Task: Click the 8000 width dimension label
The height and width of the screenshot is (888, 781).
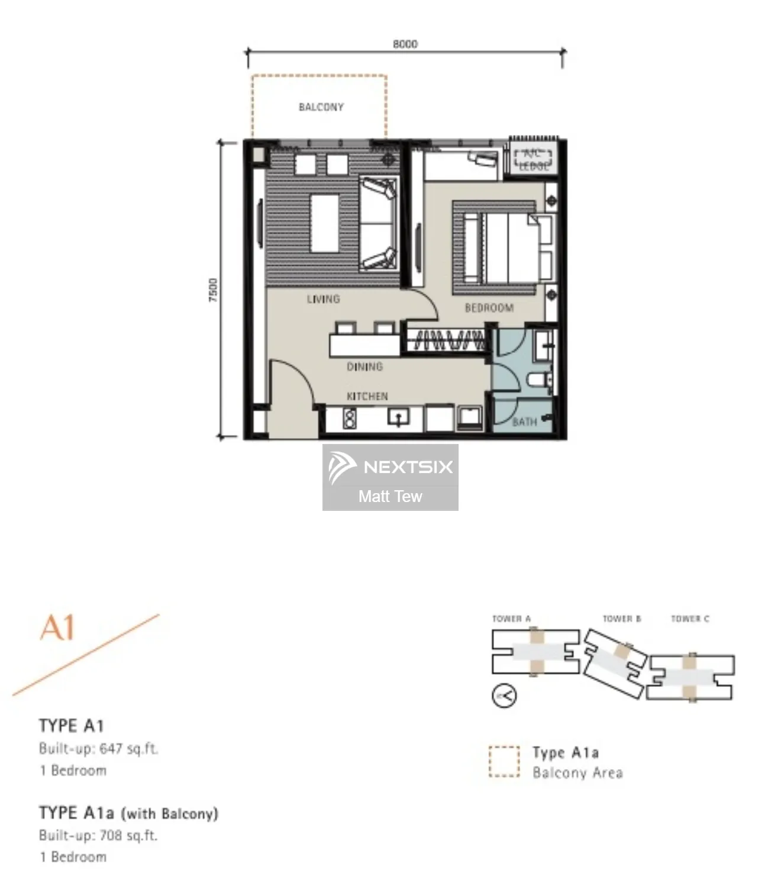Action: [405, 44]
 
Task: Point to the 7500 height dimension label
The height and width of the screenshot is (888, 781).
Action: [213, 290]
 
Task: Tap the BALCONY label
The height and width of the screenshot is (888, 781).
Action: [321, 107]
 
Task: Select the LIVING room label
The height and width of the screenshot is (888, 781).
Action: [323, 299]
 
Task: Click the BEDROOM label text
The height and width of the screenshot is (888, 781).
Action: [489, 308]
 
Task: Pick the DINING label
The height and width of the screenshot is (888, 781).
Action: [364, 367]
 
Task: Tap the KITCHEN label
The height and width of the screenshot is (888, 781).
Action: [367, 396]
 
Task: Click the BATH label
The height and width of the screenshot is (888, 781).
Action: [524, 422]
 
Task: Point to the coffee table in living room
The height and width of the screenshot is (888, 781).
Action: [325, 224]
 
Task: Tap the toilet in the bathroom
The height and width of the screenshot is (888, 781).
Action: [540, 379]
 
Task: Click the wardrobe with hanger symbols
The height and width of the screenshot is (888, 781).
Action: [448, 340]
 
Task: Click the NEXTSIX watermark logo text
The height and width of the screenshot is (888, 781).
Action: [408, 467]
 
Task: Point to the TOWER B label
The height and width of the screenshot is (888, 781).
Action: [621, 619]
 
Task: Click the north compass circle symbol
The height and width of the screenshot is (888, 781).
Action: [504, 696]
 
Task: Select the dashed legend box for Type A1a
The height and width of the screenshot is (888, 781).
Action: [504, 761]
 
